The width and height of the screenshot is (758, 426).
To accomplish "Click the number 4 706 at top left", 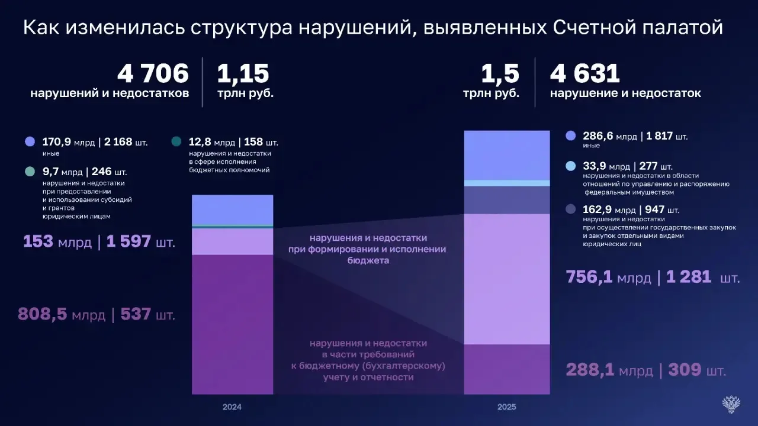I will (153, 75).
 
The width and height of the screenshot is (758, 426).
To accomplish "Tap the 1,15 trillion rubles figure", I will (243, 75).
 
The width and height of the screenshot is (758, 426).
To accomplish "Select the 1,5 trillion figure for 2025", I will (500, 75).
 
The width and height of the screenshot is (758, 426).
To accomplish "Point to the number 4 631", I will (585, 75).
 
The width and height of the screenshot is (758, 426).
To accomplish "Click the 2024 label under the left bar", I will (232, 407).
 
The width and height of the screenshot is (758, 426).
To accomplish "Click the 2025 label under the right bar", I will (507, 407).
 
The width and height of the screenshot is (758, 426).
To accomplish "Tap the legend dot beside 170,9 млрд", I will (30, 142).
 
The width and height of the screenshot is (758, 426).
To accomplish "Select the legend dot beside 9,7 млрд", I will (30, 172).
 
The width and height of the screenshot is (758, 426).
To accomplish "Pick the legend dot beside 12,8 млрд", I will (176, 142).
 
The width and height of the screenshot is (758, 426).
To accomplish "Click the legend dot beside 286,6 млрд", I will (570, 135).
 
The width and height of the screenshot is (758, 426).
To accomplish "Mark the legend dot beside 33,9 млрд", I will (570, 166).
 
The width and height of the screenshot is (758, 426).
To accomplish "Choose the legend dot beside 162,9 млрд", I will (570, 209).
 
